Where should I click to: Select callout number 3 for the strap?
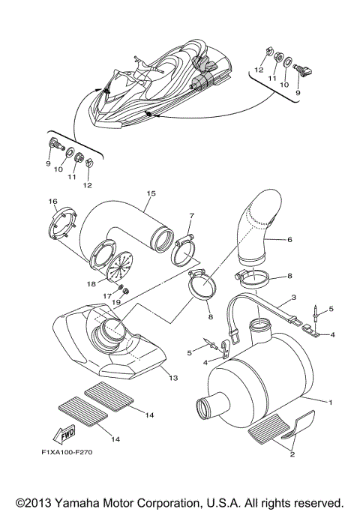click(292, 298)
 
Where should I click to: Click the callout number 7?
click(191, 216)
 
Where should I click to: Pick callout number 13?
click(173, 379)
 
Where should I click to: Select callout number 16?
click(53, 201)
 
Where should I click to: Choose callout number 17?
click(109, 296)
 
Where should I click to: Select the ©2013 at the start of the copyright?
click(28, 501)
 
